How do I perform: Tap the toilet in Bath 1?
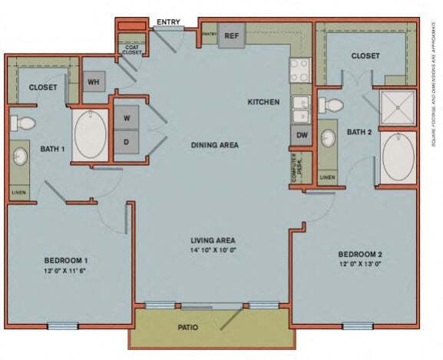25,122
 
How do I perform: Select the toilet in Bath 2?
324,102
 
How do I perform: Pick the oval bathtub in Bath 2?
398,157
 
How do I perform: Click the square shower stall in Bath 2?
398,108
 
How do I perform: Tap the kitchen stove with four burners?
299,70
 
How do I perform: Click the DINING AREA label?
214,144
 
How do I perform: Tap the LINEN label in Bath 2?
327,177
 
